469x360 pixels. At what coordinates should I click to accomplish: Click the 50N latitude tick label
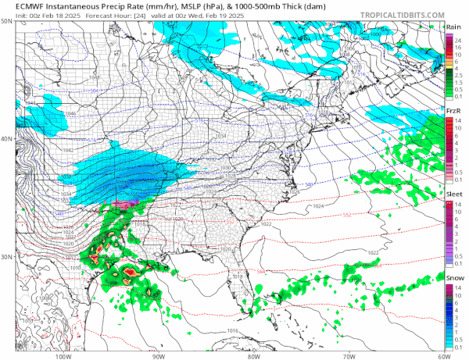pyautogui.click(x=7, y=22)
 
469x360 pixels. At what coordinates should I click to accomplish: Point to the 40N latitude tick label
pyautogui.click(x=7, y=139)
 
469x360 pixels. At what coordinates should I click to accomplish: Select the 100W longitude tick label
pyautogui.click(x=64, y=354)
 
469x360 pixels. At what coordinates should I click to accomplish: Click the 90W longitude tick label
pyautogui.click(x=159, y=354)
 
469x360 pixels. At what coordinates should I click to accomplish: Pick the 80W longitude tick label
pyautogui.click(x=252, y=354)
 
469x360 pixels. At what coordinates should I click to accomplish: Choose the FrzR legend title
pyautogui.click(x=453, y=111)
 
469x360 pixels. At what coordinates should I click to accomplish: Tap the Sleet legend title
pyautogui.click(x=453, y=193)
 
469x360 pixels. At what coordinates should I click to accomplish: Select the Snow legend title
pyautogui.click(x=453, y=276)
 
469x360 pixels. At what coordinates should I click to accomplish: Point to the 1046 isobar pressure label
pyautogui.click(x=50, y=114)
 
